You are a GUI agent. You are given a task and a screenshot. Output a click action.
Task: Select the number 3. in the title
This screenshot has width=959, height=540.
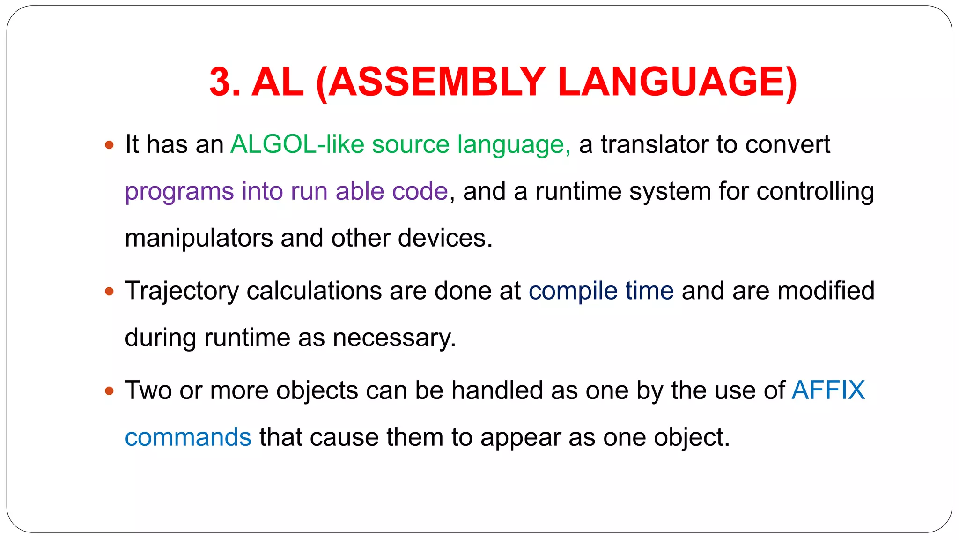(225, 82)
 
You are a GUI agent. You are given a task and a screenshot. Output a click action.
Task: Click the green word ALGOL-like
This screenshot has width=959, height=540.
(297, 144)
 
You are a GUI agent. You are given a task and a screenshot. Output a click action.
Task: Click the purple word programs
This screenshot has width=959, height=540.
(179, 192)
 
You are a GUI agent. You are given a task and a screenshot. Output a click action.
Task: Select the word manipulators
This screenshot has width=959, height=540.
(199, 238)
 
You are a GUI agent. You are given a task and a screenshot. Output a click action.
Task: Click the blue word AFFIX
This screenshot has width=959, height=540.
(828, 390)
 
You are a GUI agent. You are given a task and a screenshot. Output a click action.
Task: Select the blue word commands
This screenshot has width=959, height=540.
(188, 437)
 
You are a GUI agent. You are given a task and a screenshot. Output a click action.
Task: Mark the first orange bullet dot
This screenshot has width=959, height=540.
(110, 145)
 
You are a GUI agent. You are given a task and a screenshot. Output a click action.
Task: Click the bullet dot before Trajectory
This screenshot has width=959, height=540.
(110, 292)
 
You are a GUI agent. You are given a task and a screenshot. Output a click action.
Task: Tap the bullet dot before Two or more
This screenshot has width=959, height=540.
(110, 391)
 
